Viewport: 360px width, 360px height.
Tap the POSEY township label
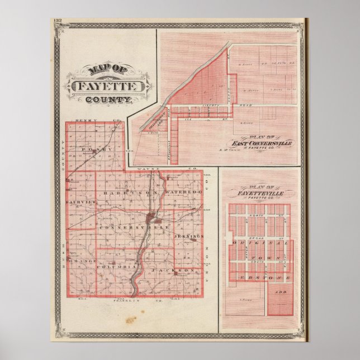coord(92,150)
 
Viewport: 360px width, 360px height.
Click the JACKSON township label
coord(178,271)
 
